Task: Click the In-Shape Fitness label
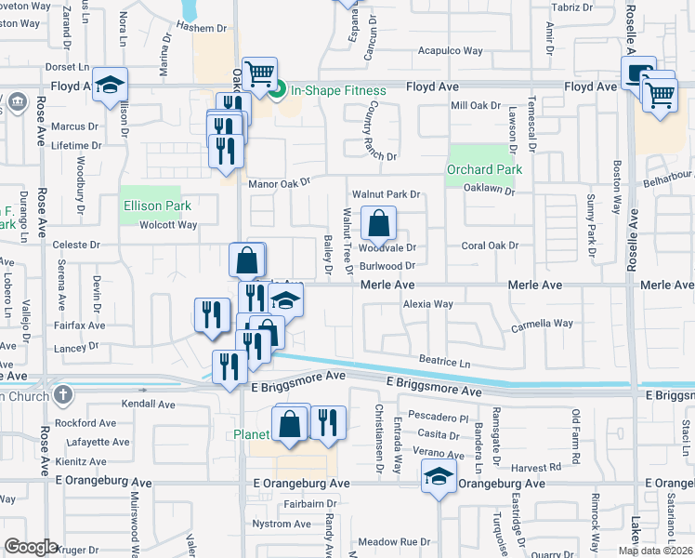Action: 338,90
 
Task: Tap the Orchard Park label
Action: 484,169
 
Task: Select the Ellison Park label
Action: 156,206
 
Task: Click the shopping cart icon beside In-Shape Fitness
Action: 260,74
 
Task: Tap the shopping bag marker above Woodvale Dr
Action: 378,223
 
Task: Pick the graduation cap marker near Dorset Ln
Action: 110,86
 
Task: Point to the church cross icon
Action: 62,395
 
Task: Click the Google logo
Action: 31,547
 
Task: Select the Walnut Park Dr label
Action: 386,194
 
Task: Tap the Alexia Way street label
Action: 427,304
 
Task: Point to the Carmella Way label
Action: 542,324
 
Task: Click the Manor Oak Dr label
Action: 279,184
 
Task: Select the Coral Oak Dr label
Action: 490,246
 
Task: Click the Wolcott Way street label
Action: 168,225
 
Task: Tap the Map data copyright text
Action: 656,551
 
